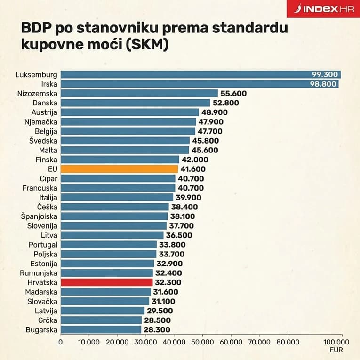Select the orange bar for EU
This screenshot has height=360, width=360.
point(119,169)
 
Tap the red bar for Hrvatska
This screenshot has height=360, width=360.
point(107,282)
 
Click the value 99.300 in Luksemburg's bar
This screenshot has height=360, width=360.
point(325,74)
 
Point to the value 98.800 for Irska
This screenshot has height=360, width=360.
point(324,84)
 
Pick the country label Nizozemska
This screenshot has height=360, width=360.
point(37,93)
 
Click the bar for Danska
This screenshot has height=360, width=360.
point(135,103)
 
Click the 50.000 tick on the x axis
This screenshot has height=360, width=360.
point(202,342)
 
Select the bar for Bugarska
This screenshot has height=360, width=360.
point(101,329)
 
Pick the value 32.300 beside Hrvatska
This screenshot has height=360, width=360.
point(168,282)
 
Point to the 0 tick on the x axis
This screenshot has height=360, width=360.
point(60,342)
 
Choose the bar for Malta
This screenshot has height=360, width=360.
point(125,150)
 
